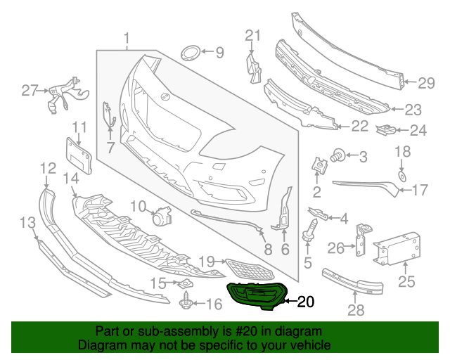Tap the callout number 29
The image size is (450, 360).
pos(426,84)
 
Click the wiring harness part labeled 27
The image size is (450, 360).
pos(63,96)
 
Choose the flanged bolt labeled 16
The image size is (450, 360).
pos(188,303)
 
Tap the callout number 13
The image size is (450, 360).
pos(27,223)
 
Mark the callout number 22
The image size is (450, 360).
pos(359,127)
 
